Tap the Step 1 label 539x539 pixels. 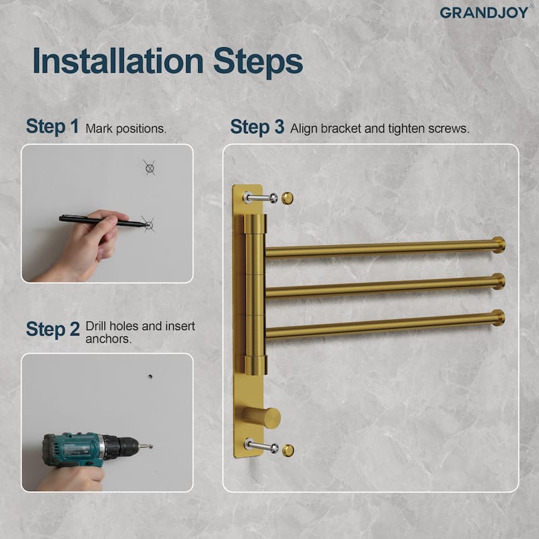53,127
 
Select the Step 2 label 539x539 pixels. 53,329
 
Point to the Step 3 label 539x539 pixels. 257,127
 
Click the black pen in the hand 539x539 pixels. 101,220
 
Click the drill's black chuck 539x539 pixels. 122,445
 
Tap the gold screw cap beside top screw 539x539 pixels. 287,197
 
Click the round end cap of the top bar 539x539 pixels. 499,245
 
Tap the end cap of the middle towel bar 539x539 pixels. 499,281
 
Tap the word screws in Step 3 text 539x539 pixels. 449,128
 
